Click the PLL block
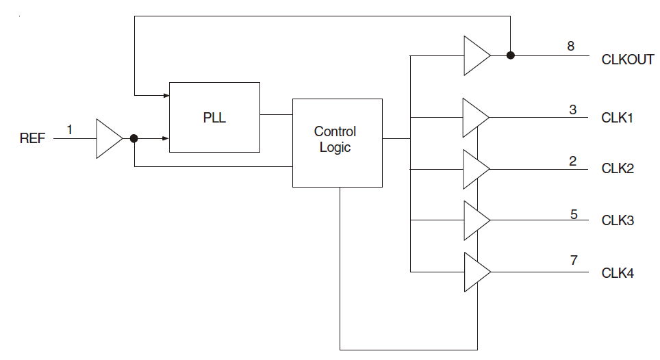[214, 117]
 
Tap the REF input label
[32, 139]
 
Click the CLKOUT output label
[627, 60]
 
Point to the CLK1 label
[617, 118]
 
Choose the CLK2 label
[617, 168]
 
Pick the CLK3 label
[617, 220]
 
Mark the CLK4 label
[617, 274]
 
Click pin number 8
[570, 47]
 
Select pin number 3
[572, 110]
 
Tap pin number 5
[574, 214]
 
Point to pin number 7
[574, 260]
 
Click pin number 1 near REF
[70, 129]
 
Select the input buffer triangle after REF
[107, 139]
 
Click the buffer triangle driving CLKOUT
[475, 55]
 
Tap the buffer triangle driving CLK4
[475, 272]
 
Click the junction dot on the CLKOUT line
[510, 55]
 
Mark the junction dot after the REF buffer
[134, 138]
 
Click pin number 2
[572, 162]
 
